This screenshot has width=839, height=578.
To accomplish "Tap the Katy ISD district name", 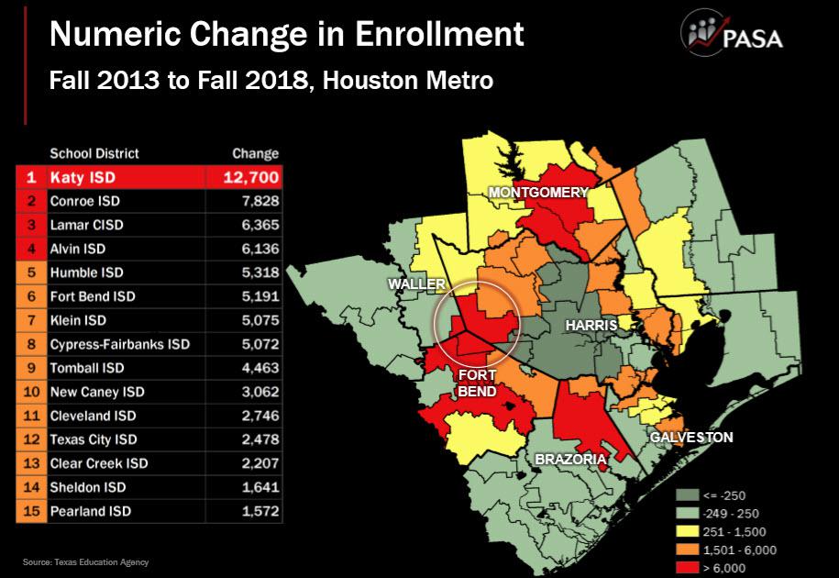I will pos(81,176).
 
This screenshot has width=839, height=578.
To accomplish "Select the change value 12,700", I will pos(251,176).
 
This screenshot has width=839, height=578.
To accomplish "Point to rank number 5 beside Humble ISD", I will pos(31,272).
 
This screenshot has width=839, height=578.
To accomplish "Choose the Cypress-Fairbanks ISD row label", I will pos(119,344).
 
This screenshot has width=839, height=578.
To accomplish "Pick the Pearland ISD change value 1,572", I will pos(260,511).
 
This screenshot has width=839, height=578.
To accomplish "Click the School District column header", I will pos(94,153).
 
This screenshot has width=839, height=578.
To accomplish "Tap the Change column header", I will pos(255,153).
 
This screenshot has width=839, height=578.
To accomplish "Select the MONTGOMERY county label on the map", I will pos(537,193).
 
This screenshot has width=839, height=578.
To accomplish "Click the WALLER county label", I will pos(415,284).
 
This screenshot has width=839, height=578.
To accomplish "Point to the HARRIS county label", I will pos(590,326).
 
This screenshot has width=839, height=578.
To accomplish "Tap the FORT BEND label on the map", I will pos(478,383).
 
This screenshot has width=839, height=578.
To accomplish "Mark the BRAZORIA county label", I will pos(569,457).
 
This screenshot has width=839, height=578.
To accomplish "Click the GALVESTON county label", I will pos(691,438).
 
